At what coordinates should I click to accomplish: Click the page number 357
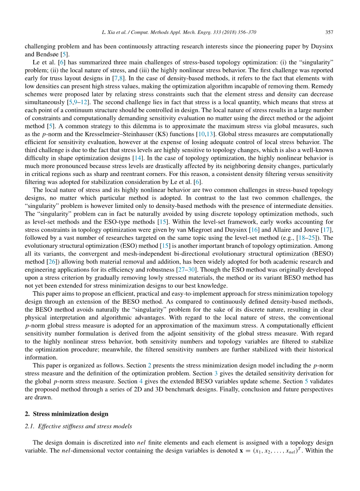pyautogui.click(x=329, y=32)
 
